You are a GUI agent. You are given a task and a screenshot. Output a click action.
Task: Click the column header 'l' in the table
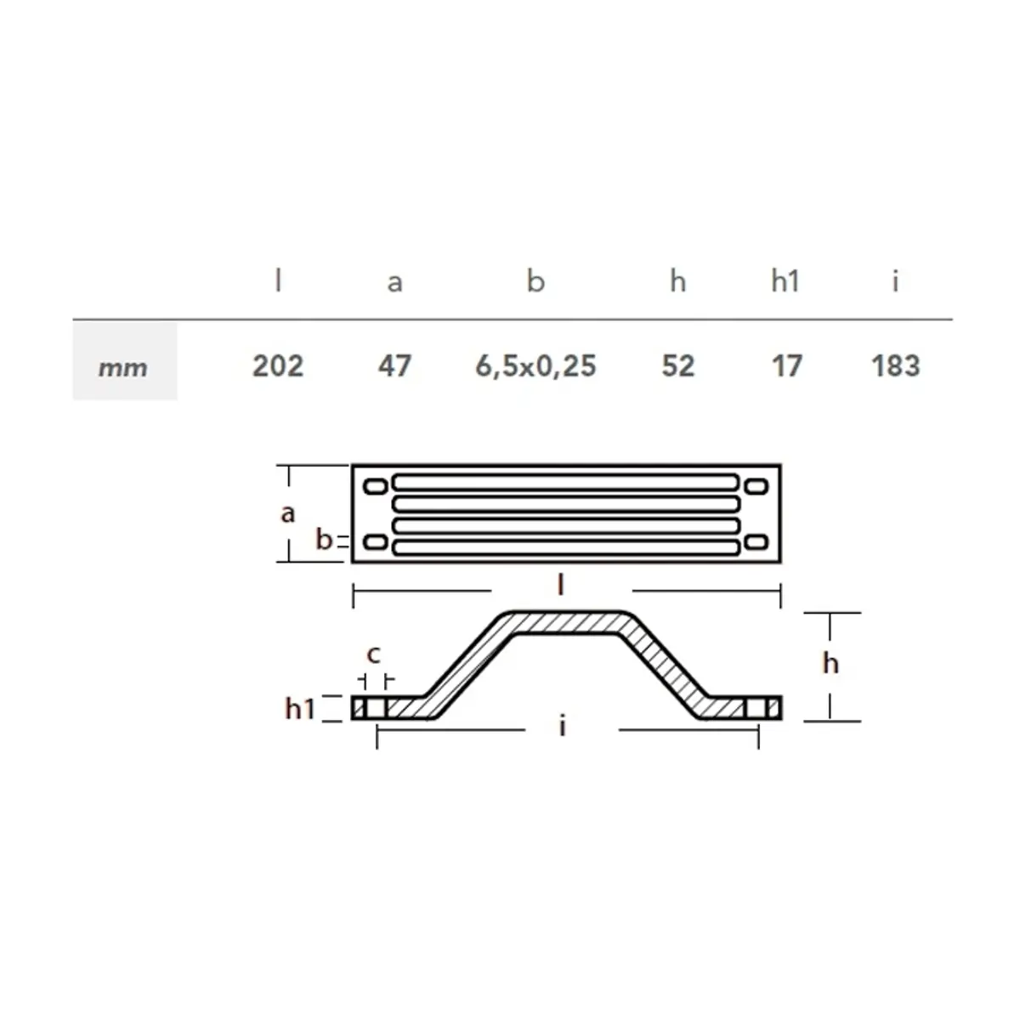[x=278, y=280]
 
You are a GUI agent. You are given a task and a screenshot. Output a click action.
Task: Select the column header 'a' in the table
[x=394, y=281]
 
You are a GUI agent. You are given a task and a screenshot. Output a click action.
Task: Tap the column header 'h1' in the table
[x=785, y=280]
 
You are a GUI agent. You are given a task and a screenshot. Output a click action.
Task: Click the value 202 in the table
[x=278, y=366]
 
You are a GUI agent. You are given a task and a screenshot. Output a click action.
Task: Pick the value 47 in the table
[x=394, y=366]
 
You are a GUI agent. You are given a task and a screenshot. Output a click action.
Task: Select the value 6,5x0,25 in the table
[x=535, y=366]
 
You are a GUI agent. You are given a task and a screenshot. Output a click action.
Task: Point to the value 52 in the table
[x=677, y=366]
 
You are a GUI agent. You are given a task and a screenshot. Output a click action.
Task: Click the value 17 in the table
[x=786, y=366]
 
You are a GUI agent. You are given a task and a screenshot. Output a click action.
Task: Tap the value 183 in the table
[x=895, y=366]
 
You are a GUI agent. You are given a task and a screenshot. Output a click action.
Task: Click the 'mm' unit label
[x=123, y=368]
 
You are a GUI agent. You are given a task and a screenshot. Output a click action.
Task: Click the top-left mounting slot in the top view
[x=375, y=486]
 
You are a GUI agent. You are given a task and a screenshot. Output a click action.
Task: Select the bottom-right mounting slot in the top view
[x=756, y=542]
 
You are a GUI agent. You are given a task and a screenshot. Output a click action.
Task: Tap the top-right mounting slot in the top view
[x=756, y=486]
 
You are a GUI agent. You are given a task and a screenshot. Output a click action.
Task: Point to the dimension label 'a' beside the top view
[x=288, y=513]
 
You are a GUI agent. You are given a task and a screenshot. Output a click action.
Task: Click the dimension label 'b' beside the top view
[x=324, y=539]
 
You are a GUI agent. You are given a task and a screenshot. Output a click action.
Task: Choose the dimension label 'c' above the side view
[x=373, y=654]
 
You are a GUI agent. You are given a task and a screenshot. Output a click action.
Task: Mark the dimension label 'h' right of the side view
[x=830, y=662]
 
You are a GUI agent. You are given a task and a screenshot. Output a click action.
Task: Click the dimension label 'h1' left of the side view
[x=300, y=707]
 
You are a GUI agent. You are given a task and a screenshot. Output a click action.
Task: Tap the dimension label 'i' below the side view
[x=562, y=726]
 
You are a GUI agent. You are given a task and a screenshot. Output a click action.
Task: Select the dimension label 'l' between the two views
[x=561, y=586]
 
